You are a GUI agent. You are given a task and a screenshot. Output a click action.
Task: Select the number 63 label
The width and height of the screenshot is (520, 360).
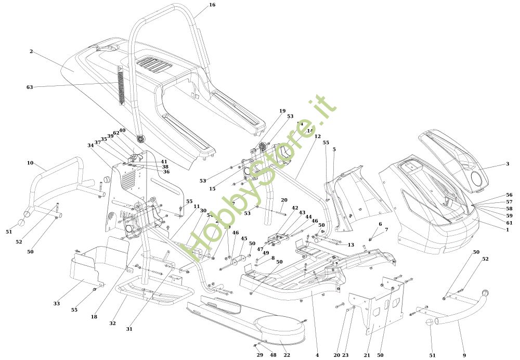(30, 87)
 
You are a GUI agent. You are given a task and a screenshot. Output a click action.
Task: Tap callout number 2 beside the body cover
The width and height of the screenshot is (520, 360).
(31, 52)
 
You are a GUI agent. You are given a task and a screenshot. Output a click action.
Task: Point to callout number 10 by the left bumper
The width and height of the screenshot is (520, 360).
(30, 163)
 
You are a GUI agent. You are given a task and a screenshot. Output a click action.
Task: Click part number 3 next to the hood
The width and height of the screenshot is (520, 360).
(507, 164)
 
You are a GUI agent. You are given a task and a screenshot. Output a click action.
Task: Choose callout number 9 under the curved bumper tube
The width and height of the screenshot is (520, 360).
(464, 355)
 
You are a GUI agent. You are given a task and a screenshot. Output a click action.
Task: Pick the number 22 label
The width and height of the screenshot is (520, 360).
(287, 355)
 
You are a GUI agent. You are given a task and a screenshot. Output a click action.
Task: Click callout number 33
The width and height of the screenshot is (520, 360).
(56, 303)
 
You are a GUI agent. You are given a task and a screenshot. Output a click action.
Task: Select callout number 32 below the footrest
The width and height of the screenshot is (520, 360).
(112, 324)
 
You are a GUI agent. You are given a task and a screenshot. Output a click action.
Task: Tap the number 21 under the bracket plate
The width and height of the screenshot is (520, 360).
(367, 355)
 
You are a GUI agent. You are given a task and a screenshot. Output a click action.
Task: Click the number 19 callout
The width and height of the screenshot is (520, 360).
(282, 111)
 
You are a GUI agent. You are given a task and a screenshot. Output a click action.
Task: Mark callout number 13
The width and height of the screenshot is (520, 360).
(351, 245)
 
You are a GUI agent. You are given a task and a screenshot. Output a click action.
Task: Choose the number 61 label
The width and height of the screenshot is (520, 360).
(509, 222)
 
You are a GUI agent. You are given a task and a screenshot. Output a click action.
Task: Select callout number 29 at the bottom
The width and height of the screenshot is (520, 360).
(259, 355)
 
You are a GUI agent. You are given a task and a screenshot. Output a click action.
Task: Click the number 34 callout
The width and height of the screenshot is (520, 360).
(91, 146)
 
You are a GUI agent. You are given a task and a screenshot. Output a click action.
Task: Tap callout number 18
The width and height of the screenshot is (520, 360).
(94, 317)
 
